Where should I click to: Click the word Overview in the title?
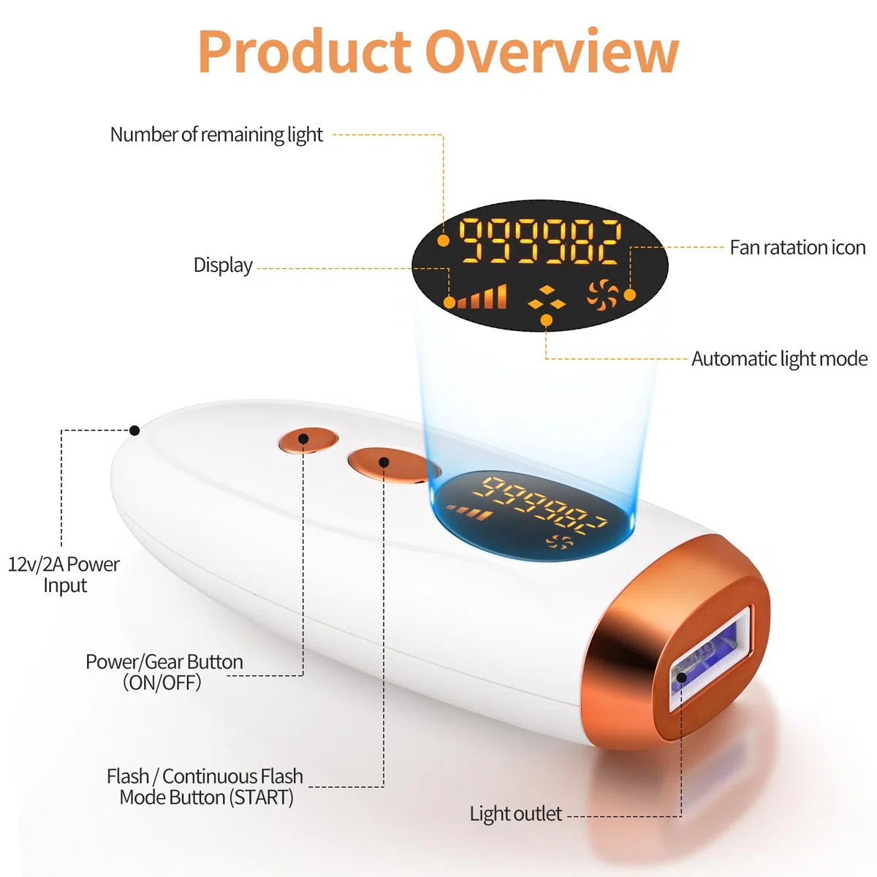click(x=552, y=50)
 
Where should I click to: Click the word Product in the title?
click(x=304, y=50)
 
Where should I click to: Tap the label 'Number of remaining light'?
click(x=216, y=134)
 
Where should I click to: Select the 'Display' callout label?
click(x=223, y=265)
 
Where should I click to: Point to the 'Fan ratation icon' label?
click(x=797, y=248)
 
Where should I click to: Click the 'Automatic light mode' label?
click(x=779, y=359)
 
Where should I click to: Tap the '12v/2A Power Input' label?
click(x=64, y=574)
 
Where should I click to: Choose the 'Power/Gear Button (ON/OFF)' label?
click(x=164, y=672)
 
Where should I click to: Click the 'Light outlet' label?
click(x=516, y=813)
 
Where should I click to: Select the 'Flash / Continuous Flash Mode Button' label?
click(x=205, y=786)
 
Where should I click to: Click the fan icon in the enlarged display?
click(x=602, y=295)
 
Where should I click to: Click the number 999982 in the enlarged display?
click(x=540, y=240)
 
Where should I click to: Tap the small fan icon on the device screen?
click(x=559, y=541)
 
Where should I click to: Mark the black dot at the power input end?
click(x=134, y=430)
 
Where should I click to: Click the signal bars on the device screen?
click(x=468, y=513)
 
